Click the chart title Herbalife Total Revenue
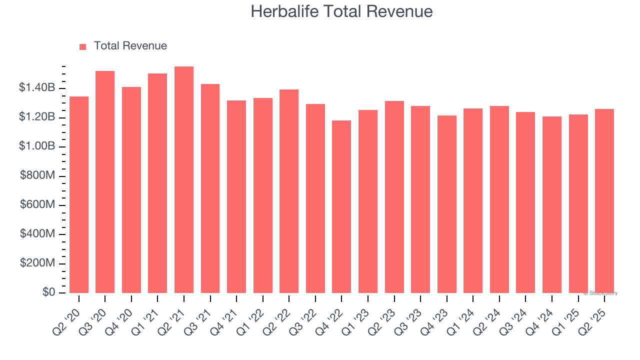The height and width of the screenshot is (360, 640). [x=341, y=11]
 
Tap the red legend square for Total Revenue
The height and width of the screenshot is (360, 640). [x=83, y=46]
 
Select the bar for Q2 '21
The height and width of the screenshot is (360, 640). [x=184, y=180]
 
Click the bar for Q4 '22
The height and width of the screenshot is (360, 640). [x=341, y=206]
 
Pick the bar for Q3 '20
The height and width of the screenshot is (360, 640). [x=105, y=182]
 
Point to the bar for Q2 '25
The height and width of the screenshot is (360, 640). [x=604, y=201]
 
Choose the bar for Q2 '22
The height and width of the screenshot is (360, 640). [x=289, y=191]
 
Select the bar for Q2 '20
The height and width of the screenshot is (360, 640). [x=79, y=194]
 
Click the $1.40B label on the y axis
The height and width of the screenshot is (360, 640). [x=37, y=88]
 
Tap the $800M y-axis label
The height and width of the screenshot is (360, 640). [x=38, y=176]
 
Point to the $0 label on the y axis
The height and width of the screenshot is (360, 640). [x=48, y=292]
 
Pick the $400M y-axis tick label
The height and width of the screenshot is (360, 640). [x=38, y=234]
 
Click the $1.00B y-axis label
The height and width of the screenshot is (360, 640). [x=37, y=146]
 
